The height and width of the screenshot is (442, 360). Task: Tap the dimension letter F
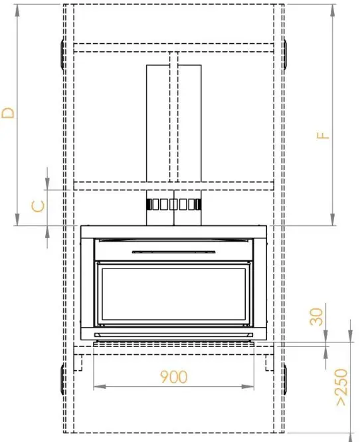323,134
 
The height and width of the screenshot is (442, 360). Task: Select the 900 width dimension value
174,377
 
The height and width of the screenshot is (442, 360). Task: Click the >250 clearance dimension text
341,387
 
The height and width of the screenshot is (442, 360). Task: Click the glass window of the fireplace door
174,293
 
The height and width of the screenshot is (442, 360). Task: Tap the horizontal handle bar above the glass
174,251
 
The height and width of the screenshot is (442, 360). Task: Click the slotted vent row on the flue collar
174,204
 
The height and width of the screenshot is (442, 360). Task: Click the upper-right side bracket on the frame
286,54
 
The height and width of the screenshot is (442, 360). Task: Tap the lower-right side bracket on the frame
286,380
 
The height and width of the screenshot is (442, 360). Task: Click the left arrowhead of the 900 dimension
97,386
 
